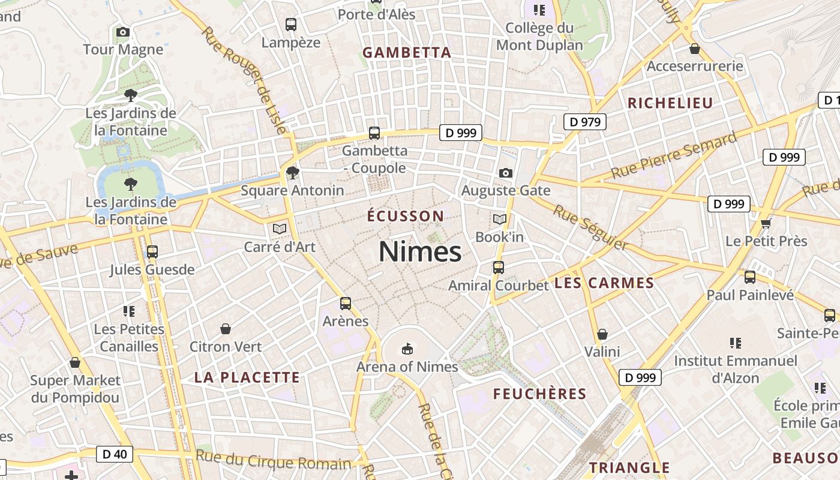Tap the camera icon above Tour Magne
[x=123, y=32]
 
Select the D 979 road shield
[x=585, y=122]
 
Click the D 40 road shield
[x=115, y=454]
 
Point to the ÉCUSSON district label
[x=406, y=216]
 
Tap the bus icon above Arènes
[x=346, y=304]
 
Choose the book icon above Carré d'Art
[x=279, y=229]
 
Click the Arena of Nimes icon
[x=407, y=349]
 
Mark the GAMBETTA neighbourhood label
[x=407, y=53]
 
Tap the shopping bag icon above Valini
[x=602, y=334]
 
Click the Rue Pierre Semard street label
[x=674, y=155]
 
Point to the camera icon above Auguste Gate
[x=506, y=173]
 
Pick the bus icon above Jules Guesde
[x=152, y=252]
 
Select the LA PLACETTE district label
[x=247, y=377]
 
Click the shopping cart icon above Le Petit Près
[x=766, y=224]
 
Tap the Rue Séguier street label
[x=590, y=227]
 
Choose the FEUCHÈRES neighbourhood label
[x=539, y=394]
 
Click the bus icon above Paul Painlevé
[x=750, y=277]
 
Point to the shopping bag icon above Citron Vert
[x=226, y=329]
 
